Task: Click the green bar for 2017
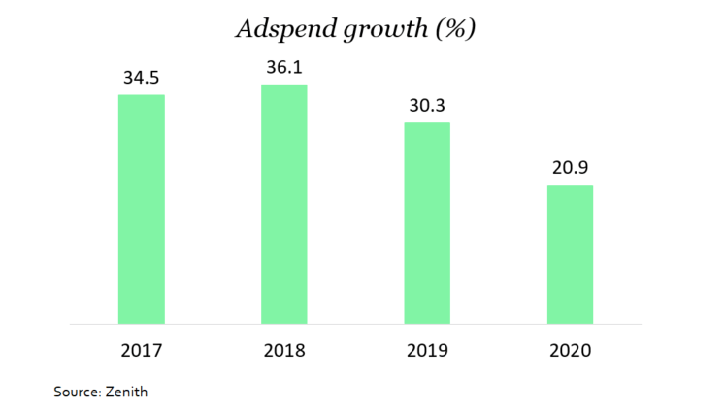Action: click(141, 209)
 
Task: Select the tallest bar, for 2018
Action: click(284, 204)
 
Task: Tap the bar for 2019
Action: click(427, 222)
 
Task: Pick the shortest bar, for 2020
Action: click(570, 254)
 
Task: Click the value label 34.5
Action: click(141, 76)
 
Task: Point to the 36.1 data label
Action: click(284, 66)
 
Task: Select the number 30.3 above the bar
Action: click(427, 104)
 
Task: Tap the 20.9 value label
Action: click(570, 166)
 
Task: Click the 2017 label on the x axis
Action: click(141, 350)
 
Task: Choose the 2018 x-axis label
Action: click(284, 350)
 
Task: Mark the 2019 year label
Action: click(427, 350)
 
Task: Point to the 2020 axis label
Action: click(570, 350)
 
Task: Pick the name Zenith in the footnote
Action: click(126, 392)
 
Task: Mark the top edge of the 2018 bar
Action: click(284, 85)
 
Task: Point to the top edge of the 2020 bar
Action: click(570, 186)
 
